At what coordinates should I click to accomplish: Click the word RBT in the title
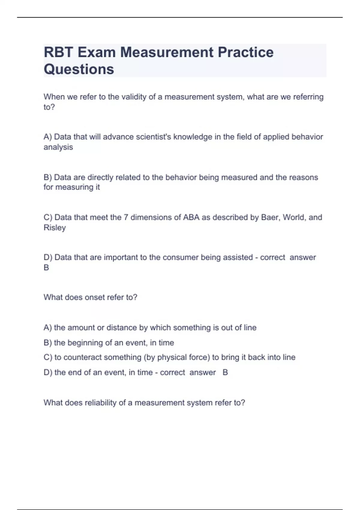point(58,52)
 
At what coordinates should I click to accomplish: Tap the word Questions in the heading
point(79,69)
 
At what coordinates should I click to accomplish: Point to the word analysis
point(58,147)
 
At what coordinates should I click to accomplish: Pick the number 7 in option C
point(126,217)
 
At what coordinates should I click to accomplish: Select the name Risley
point(55,227)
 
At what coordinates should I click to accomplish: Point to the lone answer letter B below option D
point(46,268)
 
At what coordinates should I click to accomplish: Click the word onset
point(94,297)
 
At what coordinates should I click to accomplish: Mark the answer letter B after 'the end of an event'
point(225,372)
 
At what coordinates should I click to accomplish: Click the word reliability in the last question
point(101,403)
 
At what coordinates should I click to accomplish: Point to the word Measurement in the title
point(167,52)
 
